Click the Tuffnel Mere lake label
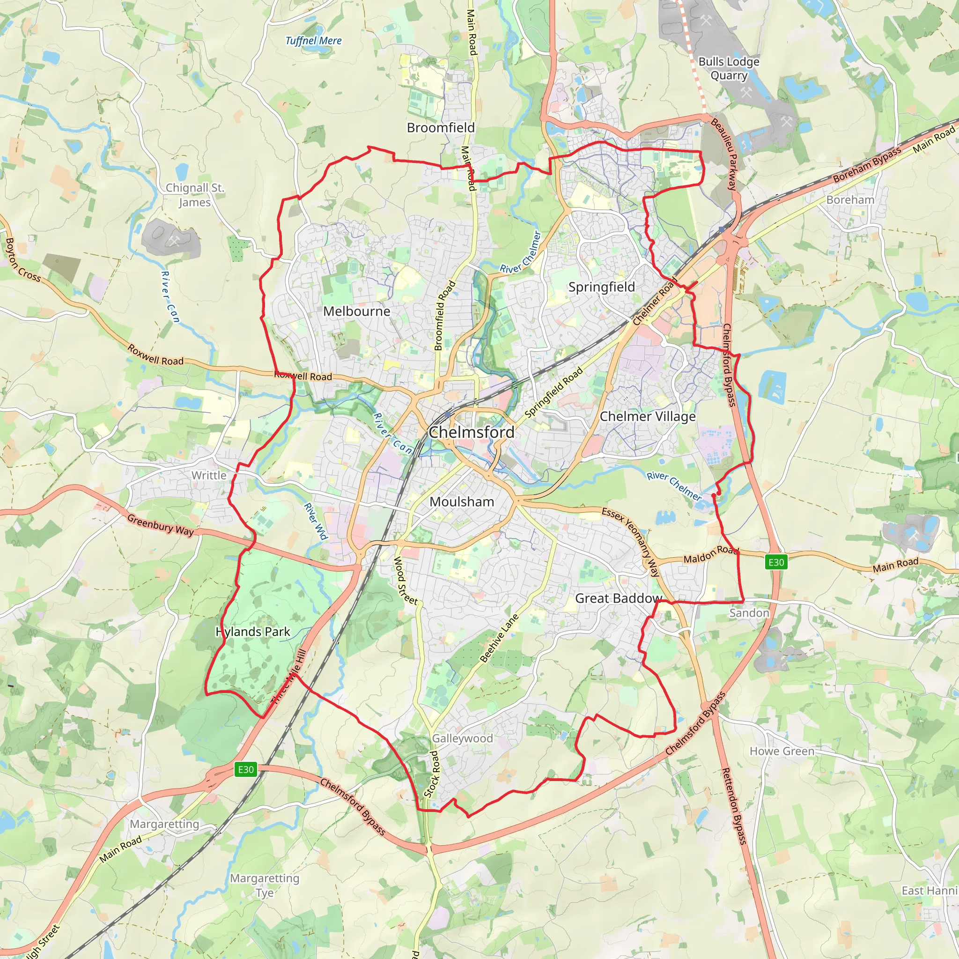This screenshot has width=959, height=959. [313, 41]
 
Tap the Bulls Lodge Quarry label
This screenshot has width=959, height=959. [729, 68]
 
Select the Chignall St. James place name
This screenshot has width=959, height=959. [195, 195]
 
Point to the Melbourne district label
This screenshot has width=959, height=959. [356, 311]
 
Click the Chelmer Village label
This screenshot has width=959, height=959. [647, 416]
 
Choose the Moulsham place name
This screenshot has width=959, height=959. [462, 502]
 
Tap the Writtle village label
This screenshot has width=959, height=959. [209, 475]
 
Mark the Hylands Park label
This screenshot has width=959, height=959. [253, 631]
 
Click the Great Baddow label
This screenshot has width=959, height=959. [618, 598]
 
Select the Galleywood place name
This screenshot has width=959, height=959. [462, 738]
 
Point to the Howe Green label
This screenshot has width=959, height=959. [782, 751]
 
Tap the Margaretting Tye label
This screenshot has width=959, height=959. [265, 885]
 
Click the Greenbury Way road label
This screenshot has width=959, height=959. [160, 524]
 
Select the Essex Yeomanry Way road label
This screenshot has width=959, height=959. [631, 541]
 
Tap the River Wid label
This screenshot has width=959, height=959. [316, 521]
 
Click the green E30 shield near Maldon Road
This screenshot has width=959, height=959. [776, 562]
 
